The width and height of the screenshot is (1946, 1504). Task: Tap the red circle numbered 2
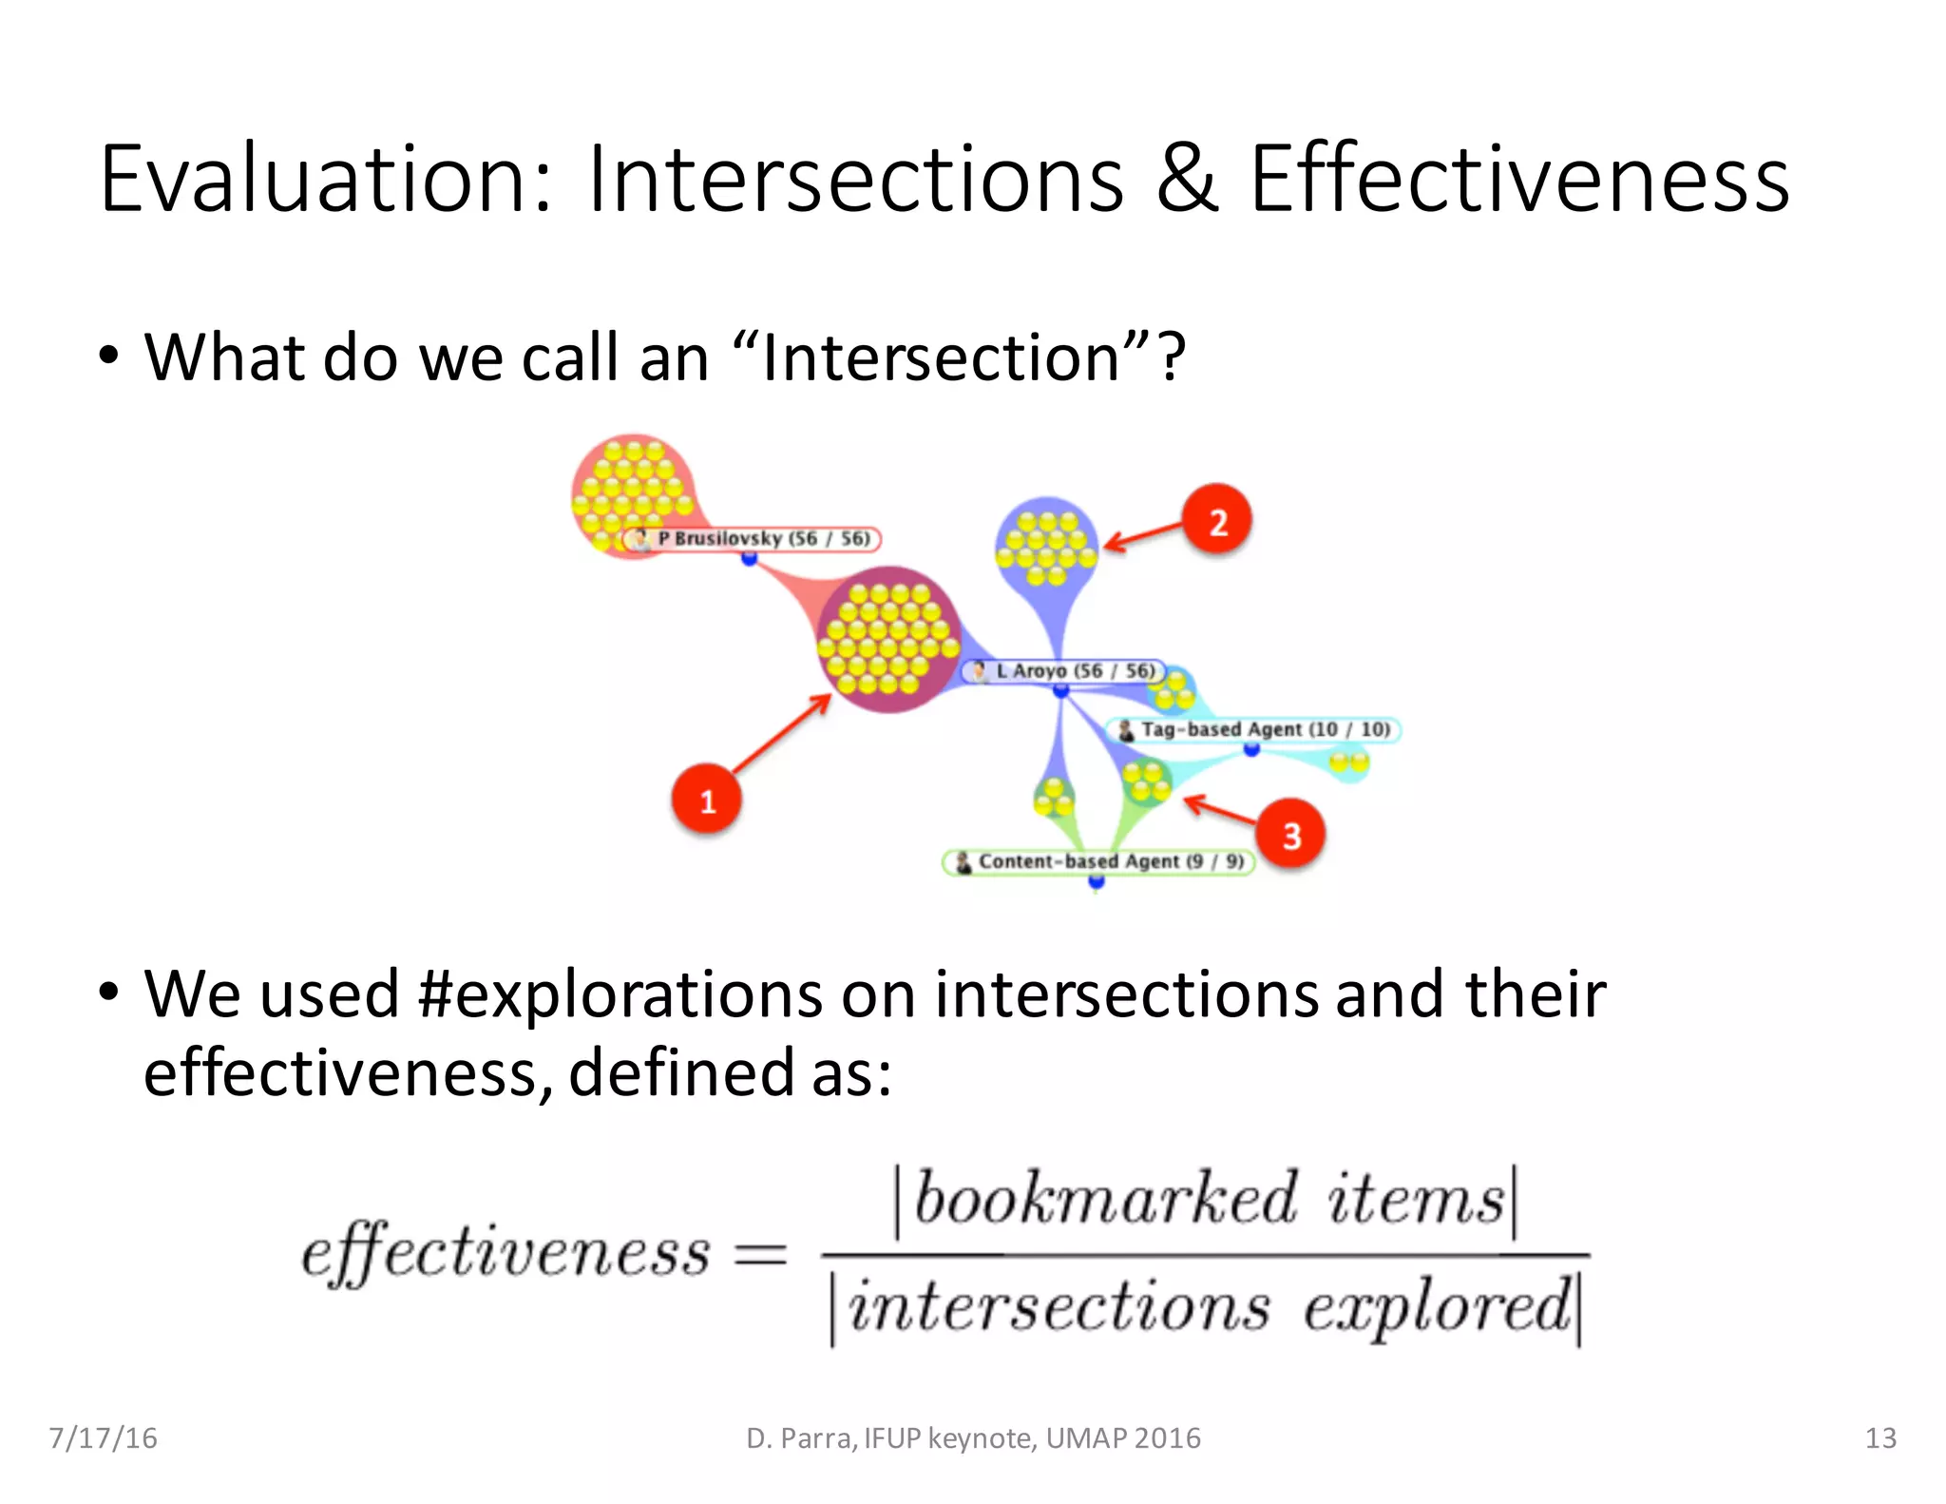tap(1217, 520)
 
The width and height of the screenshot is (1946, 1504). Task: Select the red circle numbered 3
tap(1290, 834)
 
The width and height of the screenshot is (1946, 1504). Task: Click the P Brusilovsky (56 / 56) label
tap(753, 539)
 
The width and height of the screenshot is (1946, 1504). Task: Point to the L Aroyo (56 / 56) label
tap(1064, 671)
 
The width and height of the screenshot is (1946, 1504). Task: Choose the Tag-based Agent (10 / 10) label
tap(1254, 729)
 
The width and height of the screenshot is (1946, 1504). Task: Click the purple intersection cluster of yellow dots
tap(887, 639)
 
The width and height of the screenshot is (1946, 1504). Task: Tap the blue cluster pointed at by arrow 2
tap(1046, 547)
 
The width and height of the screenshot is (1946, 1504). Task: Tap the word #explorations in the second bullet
tap(620, 993)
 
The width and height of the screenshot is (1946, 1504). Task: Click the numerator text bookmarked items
tap(1207, 1200)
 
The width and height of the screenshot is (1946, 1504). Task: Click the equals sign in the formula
tap(761, 1255)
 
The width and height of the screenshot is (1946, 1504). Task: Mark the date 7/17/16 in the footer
tap(104, 1437)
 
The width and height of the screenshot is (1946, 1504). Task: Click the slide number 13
tap(1880, 1437)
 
